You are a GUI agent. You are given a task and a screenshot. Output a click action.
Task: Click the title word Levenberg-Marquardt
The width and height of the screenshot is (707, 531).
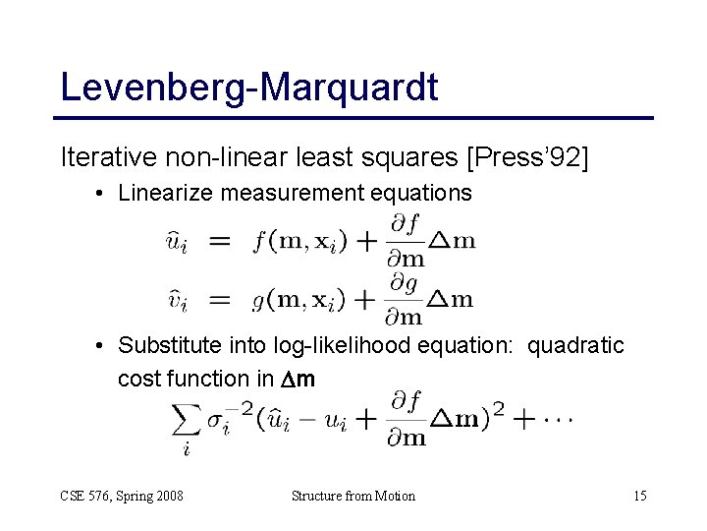pyautogui.click(x=248, y=87)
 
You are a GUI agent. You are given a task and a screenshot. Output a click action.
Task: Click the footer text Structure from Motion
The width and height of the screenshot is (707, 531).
pyautogui.click(x=353, y=496)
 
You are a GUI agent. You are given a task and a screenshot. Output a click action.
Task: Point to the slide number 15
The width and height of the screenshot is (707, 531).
pyautogui.click(x=639, y=496)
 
